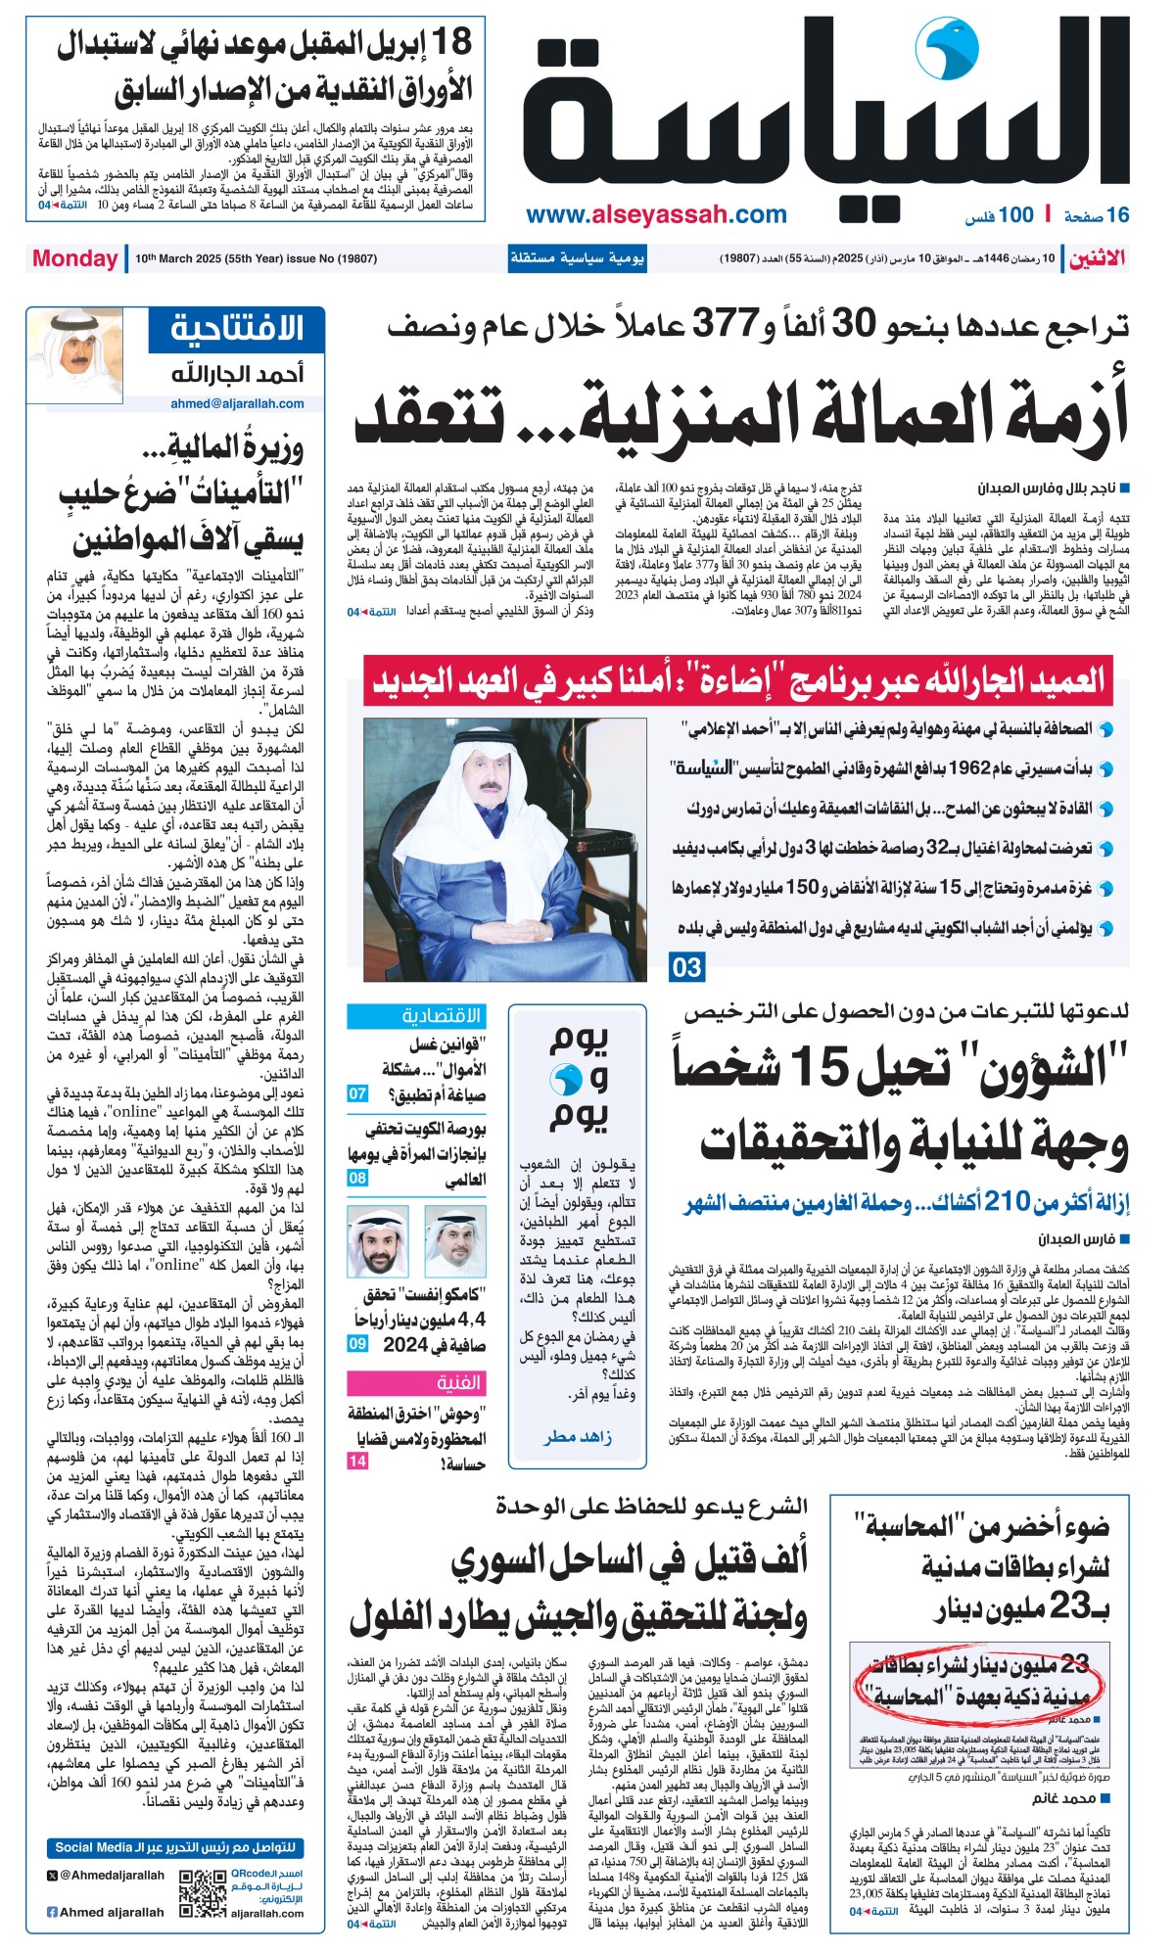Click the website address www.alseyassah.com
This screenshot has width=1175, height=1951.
(655, 215)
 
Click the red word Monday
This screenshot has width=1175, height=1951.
(74, 258)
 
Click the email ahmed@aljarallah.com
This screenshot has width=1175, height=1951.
(237, 402)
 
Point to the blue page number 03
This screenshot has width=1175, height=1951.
(686, 967)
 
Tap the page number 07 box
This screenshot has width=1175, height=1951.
(357, 1093)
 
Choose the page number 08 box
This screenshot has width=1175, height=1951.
(357, 1178)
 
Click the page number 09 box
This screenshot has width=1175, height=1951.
(357, 1344)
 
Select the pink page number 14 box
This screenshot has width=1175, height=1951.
(357, 1461)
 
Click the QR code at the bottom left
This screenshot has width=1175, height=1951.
(204, 1894)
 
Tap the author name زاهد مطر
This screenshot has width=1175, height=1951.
(578, 1436)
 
